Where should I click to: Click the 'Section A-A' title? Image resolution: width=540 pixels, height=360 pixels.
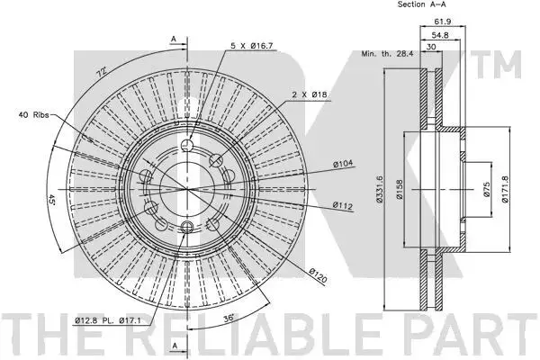421,4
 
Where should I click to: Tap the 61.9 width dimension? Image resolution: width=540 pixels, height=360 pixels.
442,22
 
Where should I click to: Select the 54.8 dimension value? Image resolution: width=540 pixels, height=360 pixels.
440,35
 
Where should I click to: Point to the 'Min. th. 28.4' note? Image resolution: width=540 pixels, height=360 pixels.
387,54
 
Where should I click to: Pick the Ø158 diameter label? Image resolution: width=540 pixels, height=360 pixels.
400,189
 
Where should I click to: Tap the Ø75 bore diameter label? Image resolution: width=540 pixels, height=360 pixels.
486,189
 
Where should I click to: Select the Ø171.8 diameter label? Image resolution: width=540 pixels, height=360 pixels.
505,189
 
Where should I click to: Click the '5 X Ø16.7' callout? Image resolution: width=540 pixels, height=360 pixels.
252,46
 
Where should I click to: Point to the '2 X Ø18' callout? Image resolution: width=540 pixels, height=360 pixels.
310,94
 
